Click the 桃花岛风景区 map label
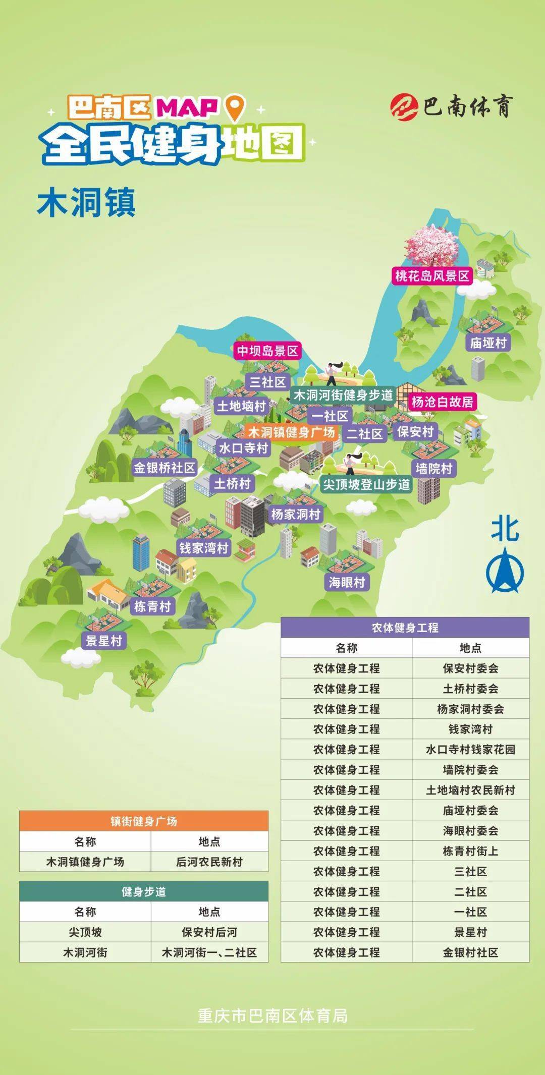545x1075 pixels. pos(432,276)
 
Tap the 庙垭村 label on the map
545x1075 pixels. pos(488,343)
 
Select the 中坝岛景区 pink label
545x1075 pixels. pos(267,351)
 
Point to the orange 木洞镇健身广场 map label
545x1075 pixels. pos(291,432)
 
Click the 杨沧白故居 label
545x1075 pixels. pos(442,402)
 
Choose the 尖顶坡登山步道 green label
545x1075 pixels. pos(366,485)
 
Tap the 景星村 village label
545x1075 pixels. pos(104,641)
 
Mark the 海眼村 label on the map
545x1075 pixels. pos(347,582)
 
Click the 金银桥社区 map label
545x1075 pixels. pos(164,468)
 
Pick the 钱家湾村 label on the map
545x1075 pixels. pos(204,548)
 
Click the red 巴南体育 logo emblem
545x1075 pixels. pos(404,106)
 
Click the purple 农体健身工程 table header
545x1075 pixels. pos(405,628)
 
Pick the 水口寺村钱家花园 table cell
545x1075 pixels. pos(470,750)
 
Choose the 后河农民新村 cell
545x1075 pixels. pos(209,862)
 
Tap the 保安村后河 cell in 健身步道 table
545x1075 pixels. pos(209,932)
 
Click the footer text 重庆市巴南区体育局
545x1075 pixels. pos(272,1016)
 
